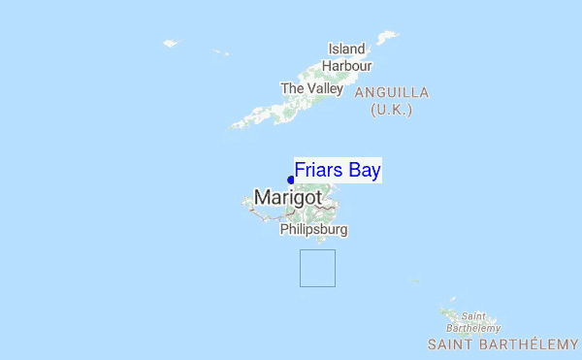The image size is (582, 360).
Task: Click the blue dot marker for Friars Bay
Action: click(291, 180)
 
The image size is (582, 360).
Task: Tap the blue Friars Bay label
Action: click(338, 170)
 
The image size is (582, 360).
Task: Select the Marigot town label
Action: click(288, 198)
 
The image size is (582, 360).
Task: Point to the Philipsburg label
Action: click(313, 231)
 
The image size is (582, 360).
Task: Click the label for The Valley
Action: click(311, 88)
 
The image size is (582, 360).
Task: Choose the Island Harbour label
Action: click(347, 57)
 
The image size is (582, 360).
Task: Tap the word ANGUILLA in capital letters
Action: click(392, 92)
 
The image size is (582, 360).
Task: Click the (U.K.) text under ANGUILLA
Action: click(392, 110)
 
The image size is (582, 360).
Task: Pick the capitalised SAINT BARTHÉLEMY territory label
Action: click(502, 344)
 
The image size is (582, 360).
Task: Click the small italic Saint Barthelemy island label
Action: click(472, 322)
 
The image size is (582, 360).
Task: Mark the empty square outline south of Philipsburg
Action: click(317, 268)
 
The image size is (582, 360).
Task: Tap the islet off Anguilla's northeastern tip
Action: click(388, 38)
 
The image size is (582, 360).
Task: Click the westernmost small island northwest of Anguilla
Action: click(172, 43)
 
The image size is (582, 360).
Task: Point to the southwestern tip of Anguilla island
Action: click(234, 126)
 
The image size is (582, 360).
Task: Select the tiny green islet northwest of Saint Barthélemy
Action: click(415, 282)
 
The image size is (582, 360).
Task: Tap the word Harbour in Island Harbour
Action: click(347, 65)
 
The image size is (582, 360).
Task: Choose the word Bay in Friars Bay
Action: click(364, 170)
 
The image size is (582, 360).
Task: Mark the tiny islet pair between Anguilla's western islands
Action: click(221, 52)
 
